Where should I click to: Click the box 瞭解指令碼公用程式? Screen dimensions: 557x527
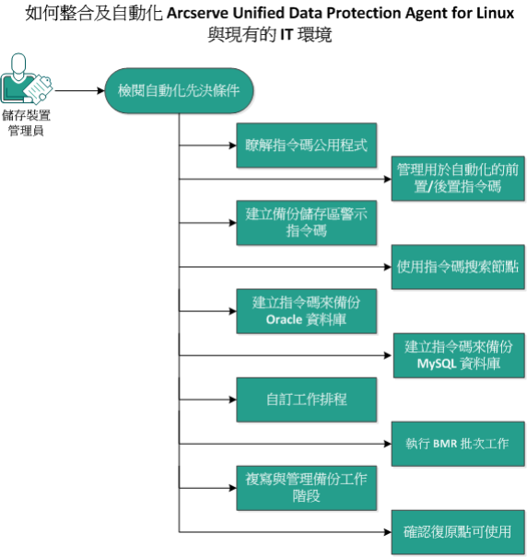[x=307, y=145]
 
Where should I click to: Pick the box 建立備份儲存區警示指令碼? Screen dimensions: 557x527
[x=307, y=222]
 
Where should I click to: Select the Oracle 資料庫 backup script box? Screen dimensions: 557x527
[x=307, y=310]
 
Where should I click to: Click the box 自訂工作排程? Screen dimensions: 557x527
[x=307, y=400]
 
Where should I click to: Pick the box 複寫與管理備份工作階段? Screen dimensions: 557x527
[x=307, y=487]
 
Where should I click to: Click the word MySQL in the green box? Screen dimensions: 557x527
[x=438, y=364]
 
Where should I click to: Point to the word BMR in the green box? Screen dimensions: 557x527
[x=446, y=443]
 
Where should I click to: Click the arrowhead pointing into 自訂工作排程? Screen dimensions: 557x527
[x=230, y=400]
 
